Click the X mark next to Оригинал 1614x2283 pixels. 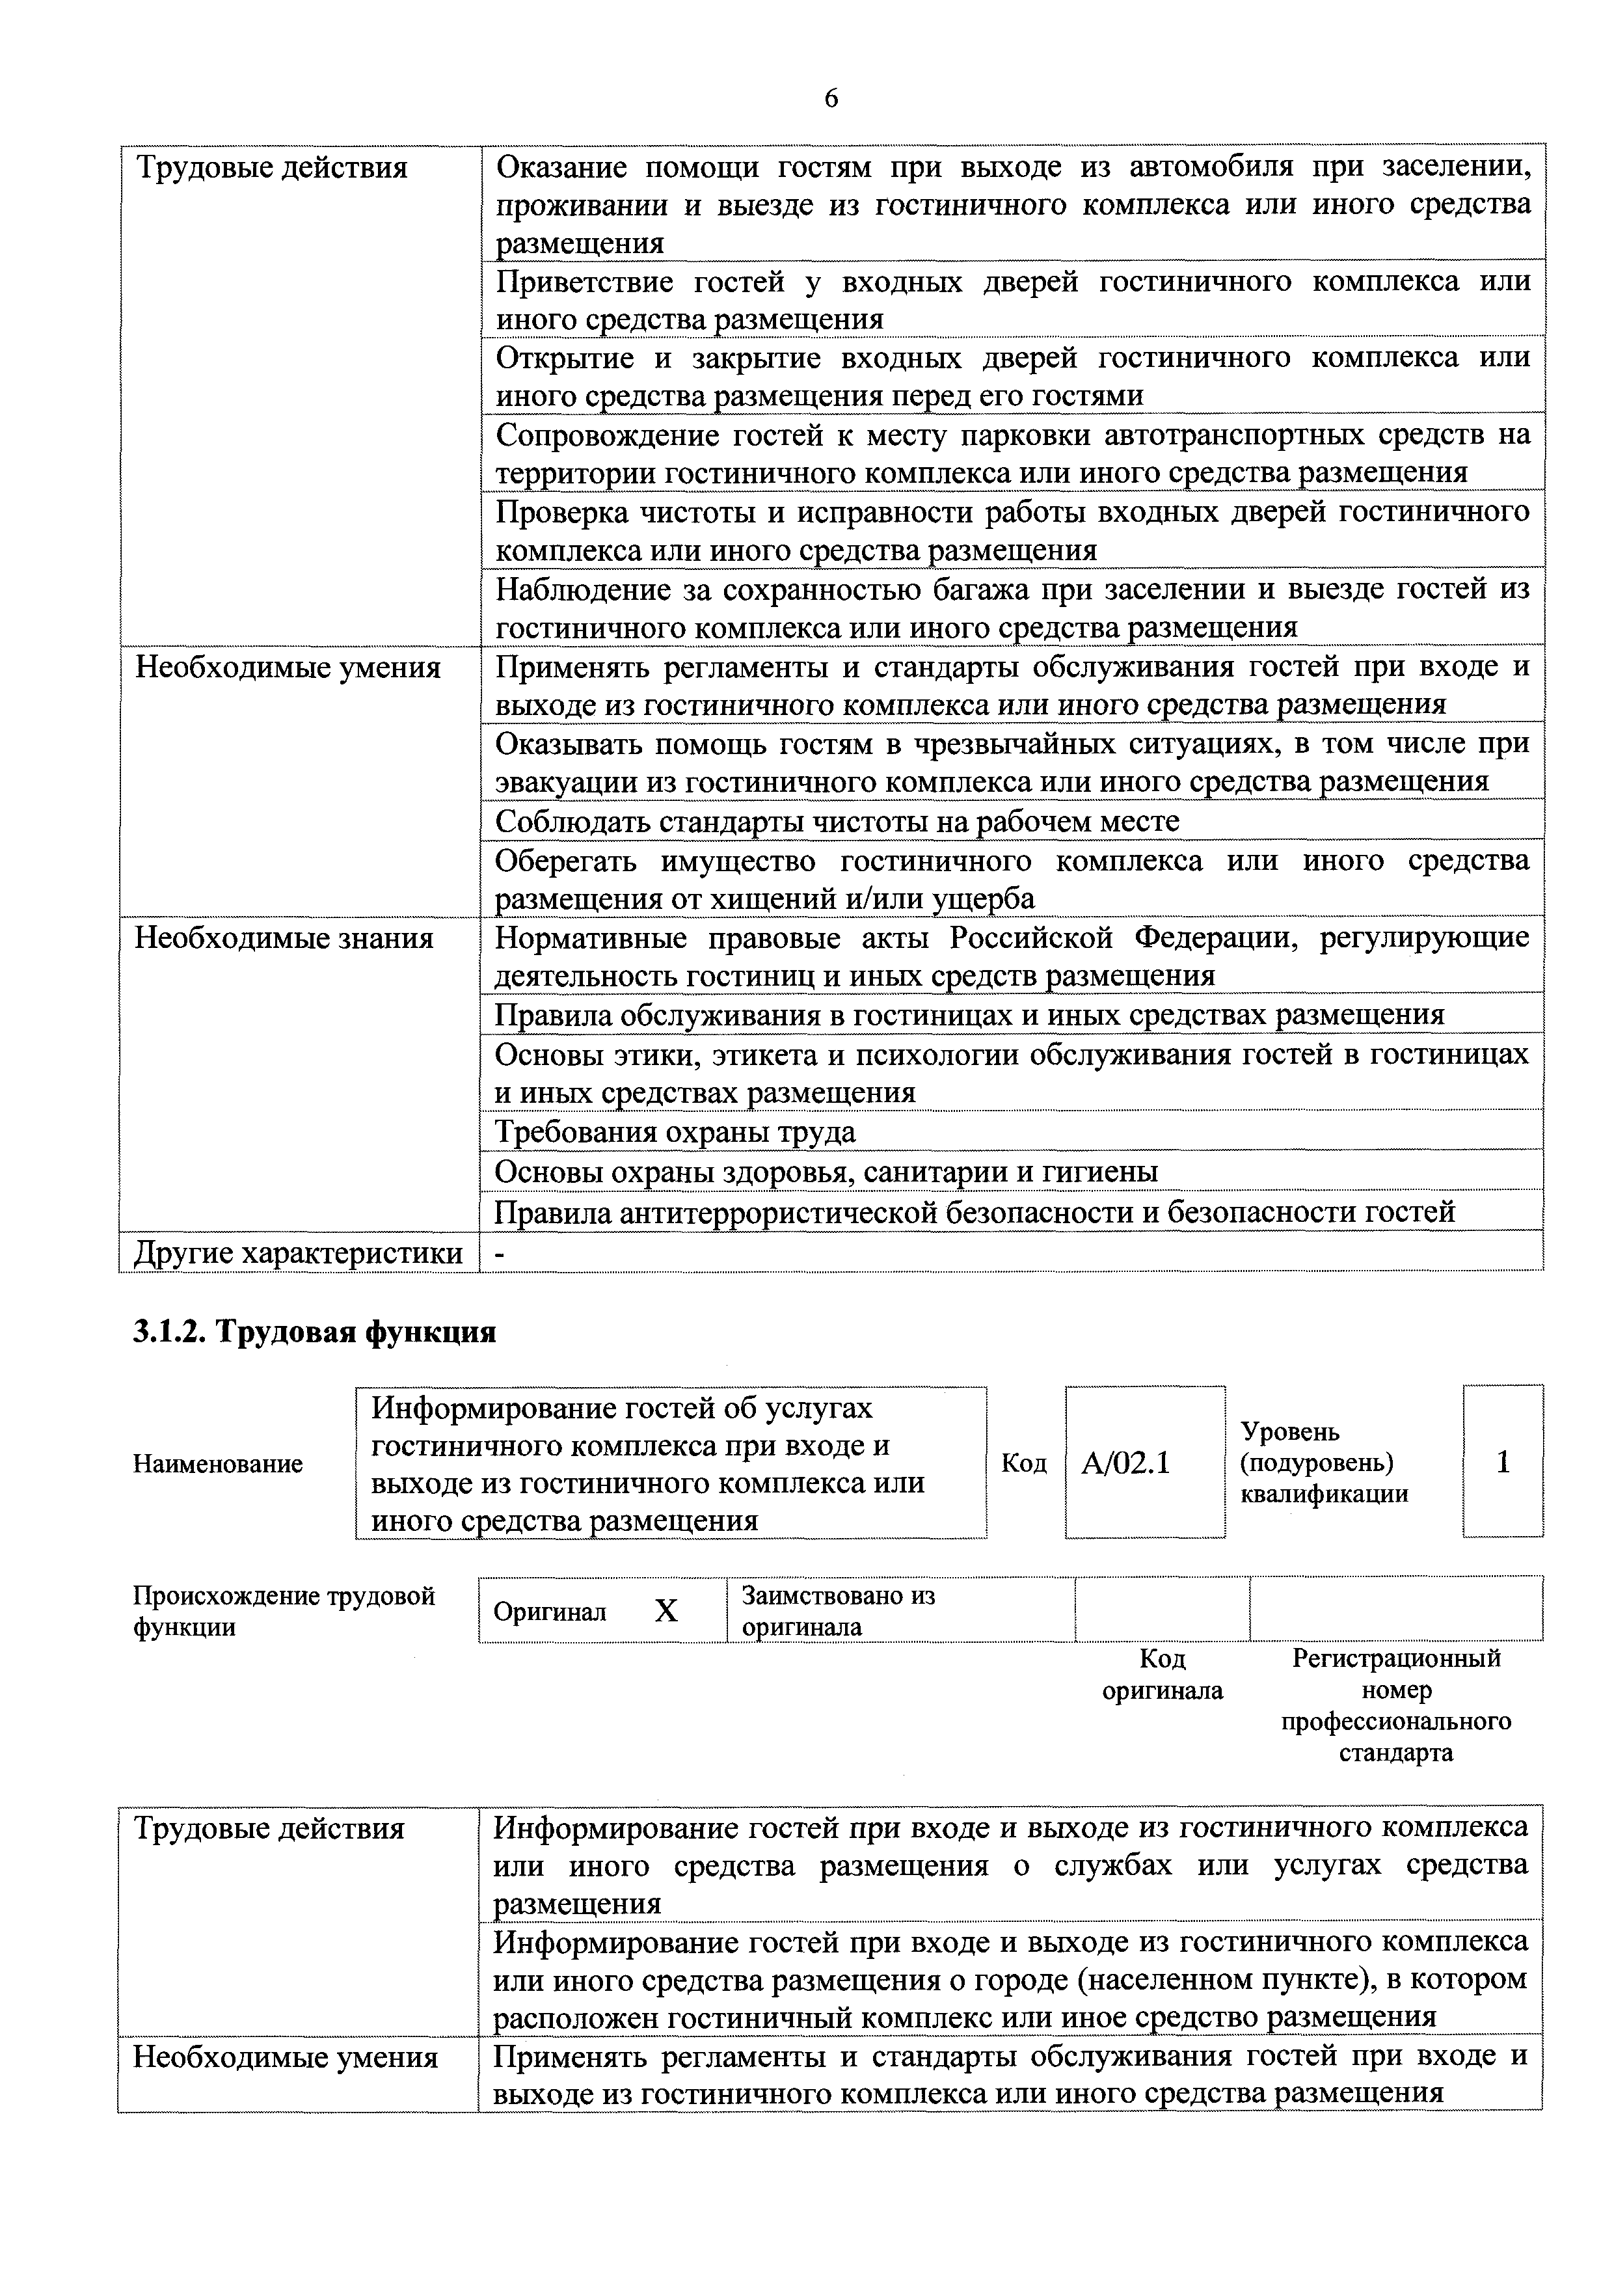(x=666, y=1610)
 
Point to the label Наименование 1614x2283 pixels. (x=218, y=1464)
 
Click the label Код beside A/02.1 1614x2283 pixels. (x=1023, y=1464)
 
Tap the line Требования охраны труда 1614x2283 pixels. (x=675, y=1131)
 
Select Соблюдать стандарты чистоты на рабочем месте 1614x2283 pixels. (x=837, y=820)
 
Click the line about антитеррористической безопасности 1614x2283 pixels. (x=975, y=1211)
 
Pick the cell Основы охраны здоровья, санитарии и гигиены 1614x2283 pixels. (x=826, y=1171)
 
